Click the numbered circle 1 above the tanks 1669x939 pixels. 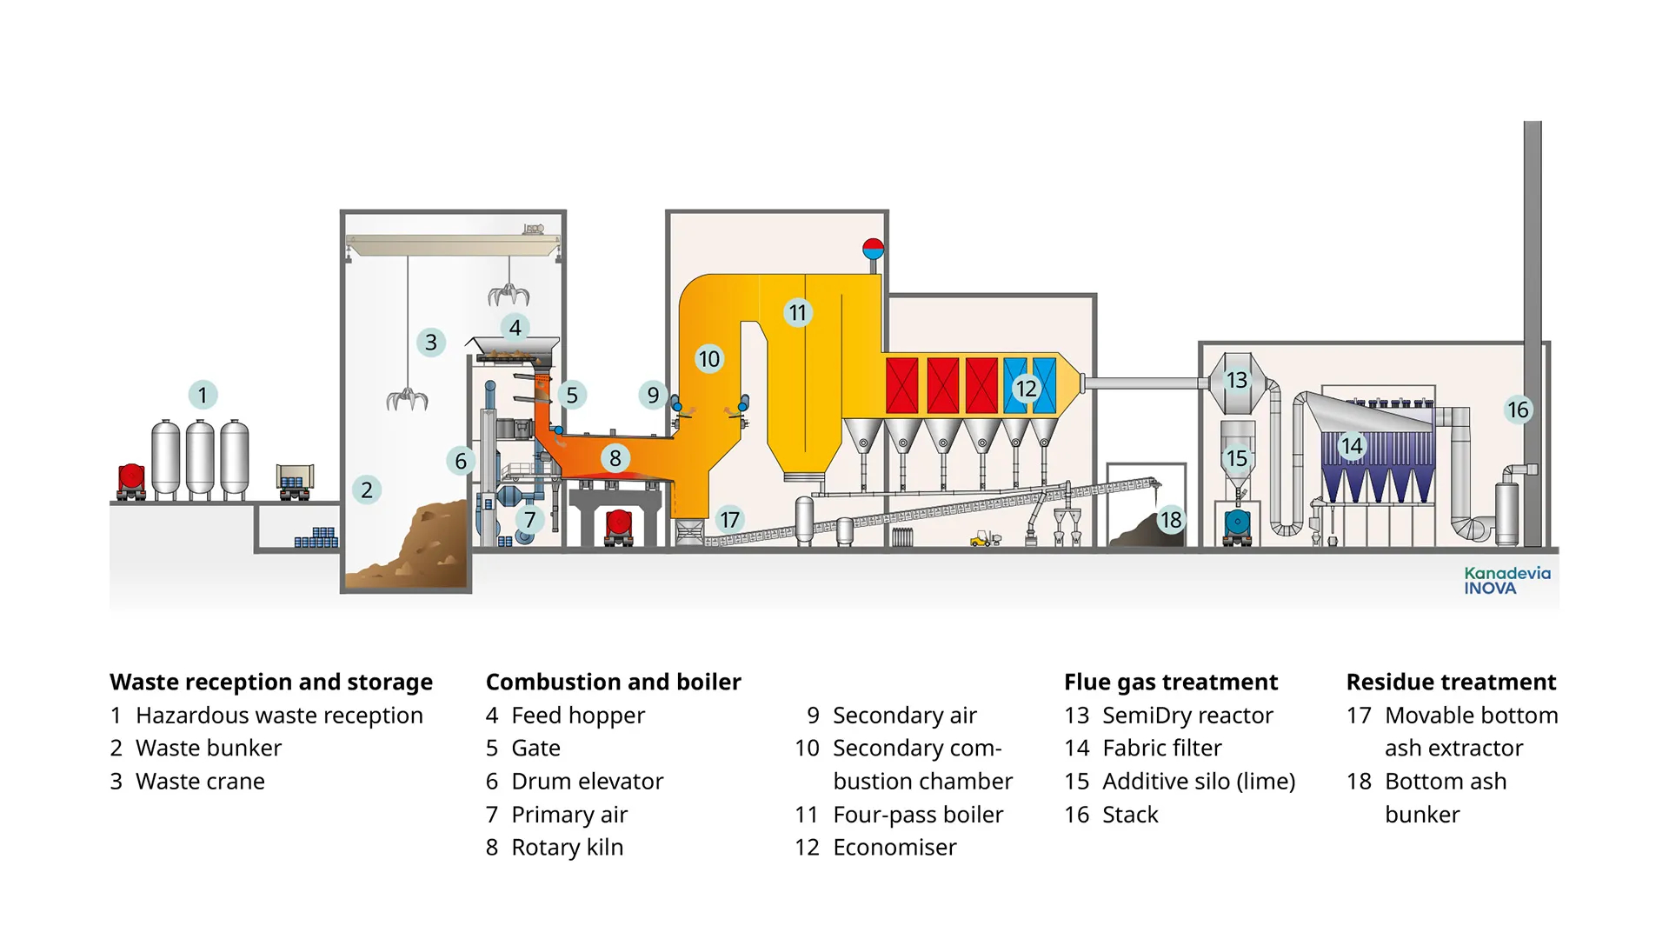[x=203, y=395]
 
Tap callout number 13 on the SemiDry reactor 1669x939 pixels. [x=1236, y=380]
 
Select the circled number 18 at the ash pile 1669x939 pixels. [x=1170, y=520]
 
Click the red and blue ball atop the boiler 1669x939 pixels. [x=873, y=249]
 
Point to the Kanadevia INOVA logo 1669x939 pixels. [x=1506, y=581]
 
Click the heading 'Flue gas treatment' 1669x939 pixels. [x=1170, y=682]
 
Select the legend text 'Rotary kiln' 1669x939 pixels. [x=567, y=847]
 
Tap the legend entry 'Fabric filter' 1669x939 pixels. [x=1161, y=748]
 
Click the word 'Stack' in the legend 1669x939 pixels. [x=1130, y=815]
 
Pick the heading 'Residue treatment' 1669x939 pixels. [x=1451, y=682]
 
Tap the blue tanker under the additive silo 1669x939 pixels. [x=1236, y=525]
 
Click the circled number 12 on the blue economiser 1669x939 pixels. [x=1026, y=389]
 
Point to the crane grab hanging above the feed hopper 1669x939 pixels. [x=509, y=294]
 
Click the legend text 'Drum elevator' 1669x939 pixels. [x=587, y=781]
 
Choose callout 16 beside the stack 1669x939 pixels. [x=1517, y=410]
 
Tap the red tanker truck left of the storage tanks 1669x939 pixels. [x=131, y=480]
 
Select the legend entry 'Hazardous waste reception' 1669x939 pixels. [x=279, y=715]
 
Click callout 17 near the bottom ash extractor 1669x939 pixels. [x=729, y=520]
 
